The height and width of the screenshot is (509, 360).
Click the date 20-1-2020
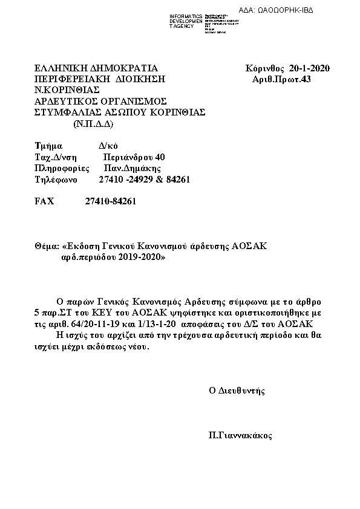310,68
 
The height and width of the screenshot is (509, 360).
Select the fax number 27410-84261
111,202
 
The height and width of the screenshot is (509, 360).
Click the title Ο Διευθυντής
237,391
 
